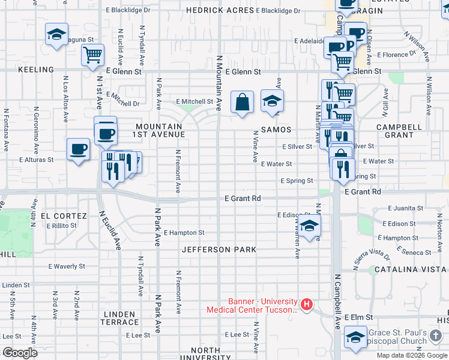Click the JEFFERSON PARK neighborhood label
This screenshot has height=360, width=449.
pyautogui.click(x=219, y=250)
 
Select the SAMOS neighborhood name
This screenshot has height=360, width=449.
pyautogui.click(x=276, y=130)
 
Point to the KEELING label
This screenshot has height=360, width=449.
pyautogui.click(x=36, y=70)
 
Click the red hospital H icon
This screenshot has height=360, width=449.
pyautogui.click(x=307, y=305)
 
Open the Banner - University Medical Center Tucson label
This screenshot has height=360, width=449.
pyautogui.click(x=252, y=306)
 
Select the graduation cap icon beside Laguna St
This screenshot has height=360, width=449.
pyautogui.click(x=56, y=34)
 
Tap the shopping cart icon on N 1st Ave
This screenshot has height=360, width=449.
pyautogui.click(x=93, y=55)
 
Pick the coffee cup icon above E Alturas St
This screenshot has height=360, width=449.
pyautogui.click(x=78, y=149)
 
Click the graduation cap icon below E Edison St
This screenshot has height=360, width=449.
pyautogui.click(x=309, y=226)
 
